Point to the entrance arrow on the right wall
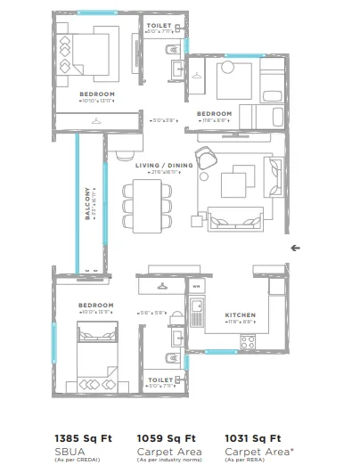tap(295, 248)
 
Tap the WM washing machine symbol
tap(196, 287)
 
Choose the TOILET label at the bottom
tap(161, 379)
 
